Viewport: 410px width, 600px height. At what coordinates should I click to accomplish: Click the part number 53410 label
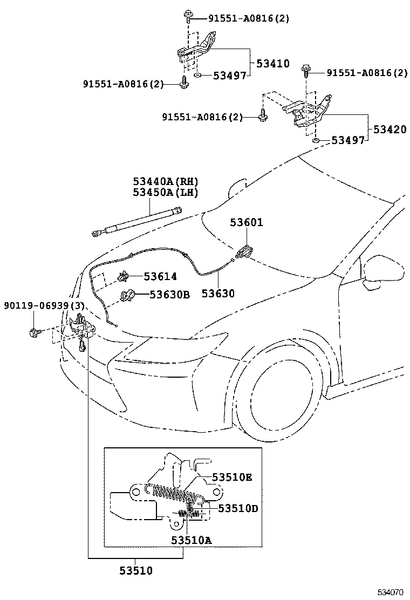click(272, 63)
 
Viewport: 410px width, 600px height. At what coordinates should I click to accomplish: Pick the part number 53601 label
click(247, 222)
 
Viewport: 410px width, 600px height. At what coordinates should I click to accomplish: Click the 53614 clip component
click(123, 277)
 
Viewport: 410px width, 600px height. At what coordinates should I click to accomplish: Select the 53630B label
click(169, 295)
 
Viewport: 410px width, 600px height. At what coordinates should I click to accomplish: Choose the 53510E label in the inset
click(232, 478)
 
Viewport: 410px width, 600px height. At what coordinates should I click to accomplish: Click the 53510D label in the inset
click(238, 508)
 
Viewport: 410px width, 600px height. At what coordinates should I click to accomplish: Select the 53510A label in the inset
click(192, 540)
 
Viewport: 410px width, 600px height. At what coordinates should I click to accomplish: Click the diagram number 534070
click(389, 592)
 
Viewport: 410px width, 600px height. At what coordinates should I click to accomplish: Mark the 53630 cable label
click(218, 294)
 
